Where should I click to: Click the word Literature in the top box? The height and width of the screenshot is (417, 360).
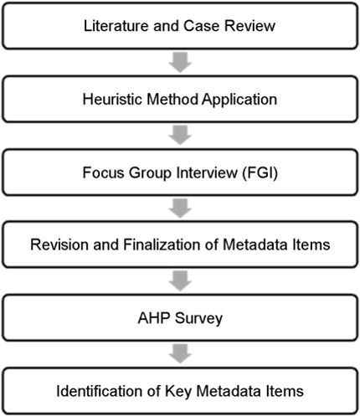[116, 26]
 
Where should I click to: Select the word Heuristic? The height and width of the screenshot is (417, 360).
[112, 99]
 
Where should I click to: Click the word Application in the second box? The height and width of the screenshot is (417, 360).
[239, 100]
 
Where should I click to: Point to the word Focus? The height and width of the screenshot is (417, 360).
[103, 172]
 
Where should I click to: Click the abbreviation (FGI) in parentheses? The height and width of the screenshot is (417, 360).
[260, 172]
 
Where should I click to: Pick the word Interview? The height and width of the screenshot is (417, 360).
[207, 172]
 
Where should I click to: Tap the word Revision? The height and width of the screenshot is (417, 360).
[59, 245]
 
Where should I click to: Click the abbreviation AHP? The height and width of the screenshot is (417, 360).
[154, 318]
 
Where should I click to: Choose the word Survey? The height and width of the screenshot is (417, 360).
[198, 319]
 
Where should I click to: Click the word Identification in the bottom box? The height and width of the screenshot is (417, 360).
[100, 391]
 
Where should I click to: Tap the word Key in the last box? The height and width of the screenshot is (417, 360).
[178, 392]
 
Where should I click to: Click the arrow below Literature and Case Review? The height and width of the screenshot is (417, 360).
[180, 63]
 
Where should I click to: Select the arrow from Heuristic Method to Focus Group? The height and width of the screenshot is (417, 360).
[180, 136]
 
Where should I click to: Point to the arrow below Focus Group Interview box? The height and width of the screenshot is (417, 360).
[180, 208]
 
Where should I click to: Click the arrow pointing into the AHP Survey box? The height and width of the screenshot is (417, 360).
[180, 281]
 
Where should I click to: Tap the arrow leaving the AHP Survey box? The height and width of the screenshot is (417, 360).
[180, 354]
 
